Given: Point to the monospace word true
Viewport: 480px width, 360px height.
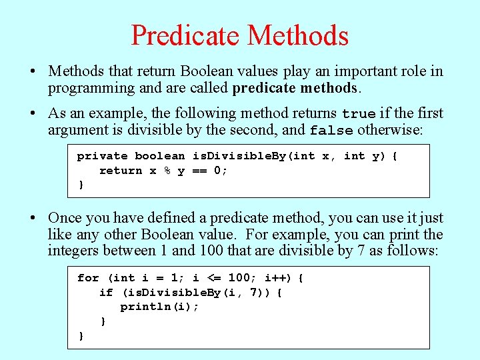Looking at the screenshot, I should point(359,114).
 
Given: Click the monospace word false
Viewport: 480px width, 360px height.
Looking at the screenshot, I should point(331,131).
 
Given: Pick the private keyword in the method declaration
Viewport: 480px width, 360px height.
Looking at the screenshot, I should point(102,156).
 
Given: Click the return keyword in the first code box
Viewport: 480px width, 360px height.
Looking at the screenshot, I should point(121,171).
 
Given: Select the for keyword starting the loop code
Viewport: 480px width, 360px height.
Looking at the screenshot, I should point(88,278).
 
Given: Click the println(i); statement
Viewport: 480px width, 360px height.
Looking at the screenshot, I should point(160,307).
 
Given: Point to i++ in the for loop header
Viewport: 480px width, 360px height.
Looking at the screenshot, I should point(276,278).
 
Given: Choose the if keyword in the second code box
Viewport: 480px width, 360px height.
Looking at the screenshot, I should point(106,293).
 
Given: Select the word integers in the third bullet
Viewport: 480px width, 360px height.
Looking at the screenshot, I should point(72,251).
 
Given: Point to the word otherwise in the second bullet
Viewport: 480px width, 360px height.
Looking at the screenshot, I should point(389,130).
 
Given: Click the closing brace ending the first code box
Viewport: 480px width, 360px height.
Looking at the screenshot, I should point(81,185).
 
